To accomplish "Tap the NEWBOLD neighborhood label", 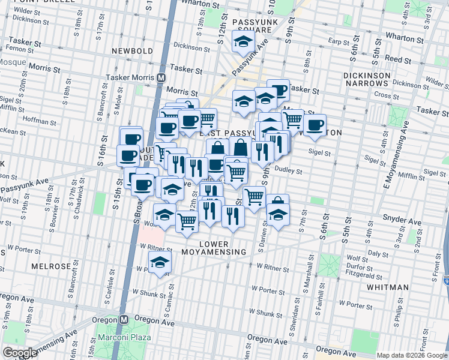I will click(x=133, y=51).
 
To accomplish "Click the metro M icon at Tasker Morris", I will click(x=161, y=77).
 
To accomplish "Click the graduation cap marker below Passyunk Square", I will click(x=243, y=41).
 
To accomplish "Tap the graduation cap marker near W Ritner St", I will click(x=160, y=262).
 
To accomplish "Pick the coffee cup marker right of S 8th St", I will click(x=314, y=124).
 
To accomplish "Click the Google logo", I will click(x=20, y=353).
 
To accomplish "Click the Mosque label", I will click(x=13, y=61).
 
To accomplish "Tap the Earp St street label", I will click(x=340, y=41).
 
